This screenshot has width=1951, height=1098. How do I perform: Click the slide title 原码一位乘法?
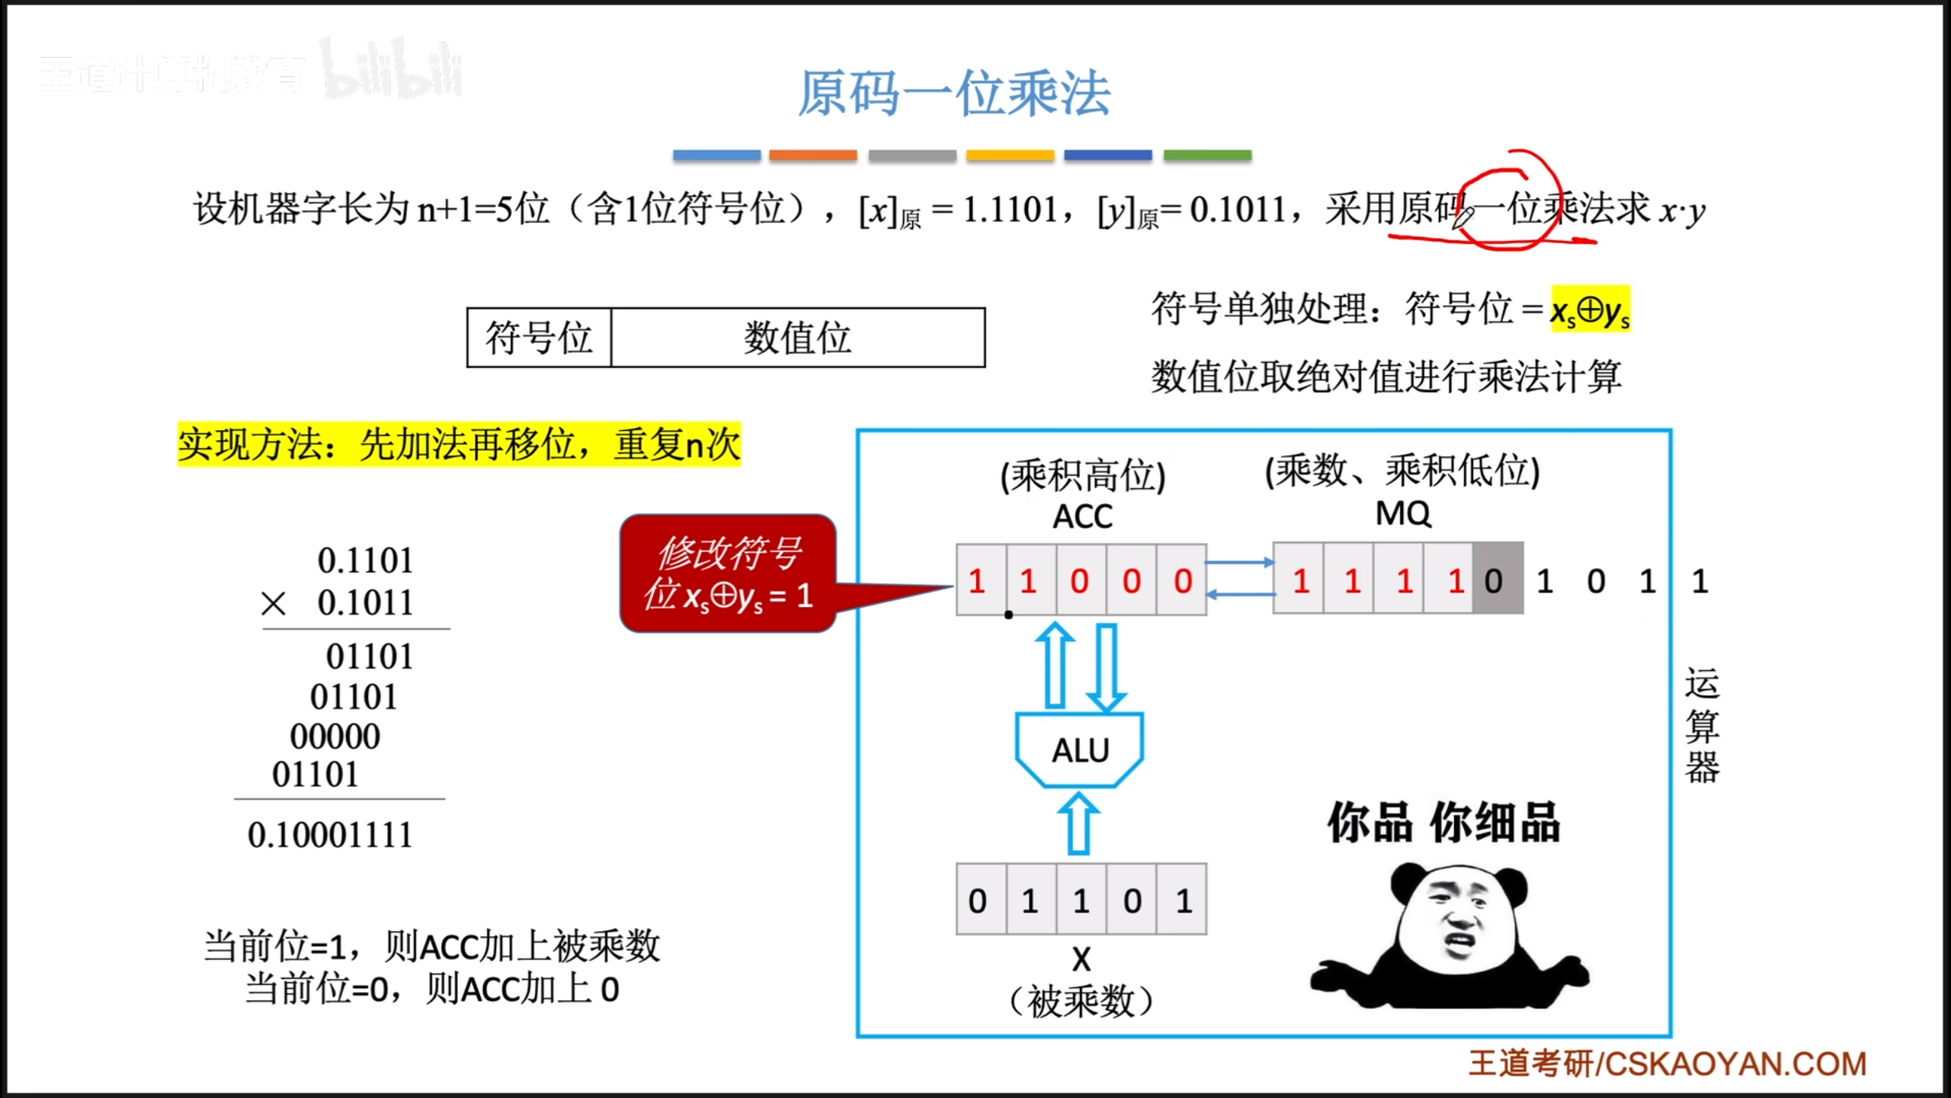click(x=953, y=93)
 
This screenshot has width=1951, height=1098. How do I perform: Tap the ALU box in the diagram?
click(x=1080, y=750)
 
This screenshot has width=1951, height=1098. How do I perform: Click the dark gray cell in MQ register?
click(x=1497, y=580)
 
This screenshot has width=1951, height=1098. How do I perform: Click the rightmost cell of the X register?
click(x=1182, y=901)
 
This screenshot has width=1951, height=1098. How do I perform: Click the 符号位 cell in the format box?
click(x=539, y=338)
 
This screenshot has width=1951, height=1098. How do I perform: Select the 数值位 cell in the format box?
click(x=797, y=338)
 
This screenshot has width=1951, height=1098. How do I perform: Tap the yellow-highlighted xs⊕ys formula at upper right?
click(x=1590, y=310)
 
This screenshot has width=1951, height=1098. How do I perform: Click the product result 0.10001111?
click(x=330, y=834)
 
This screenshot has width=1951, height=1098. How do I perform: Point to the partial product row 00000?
click(x=335, y=737)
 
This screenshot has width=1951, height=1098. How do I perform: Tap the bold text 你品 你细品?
click(x=1443, y=823)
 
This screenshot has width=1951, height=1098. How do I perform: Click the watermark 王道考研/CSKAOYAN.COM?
click(x=1667, y=1064)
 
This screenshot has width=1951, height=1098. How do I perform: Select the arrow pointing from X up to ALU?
click(x=1078, y=823)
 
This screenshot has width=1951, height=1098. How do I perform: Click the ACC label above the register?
click(x=1082, y=517)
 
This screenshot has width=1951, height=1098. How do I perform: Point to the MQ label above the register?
click(x=1403, y=514)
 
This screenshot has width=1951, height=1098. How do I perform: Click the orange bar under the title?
click(x=812, y=156)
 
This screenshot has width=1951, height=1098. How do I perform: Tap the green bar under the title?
click(x=1207, y=156)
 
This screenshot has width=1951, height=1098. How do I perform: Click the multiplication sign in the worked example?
click(x=273, y=604)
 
